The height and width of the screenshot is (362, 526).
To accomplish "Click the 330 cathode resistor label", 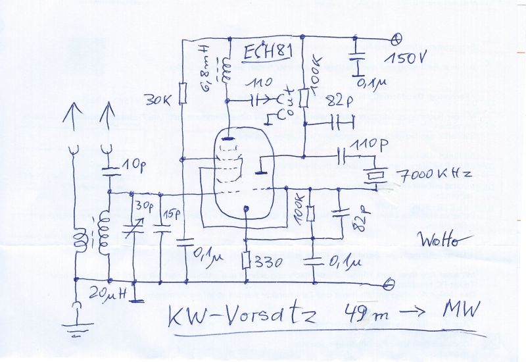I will (268, 262).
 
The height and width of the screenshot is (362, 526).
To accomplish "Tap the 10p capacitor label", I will (132, 163).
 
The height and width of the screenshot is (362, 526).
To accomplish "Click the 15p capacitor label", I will (172, 214).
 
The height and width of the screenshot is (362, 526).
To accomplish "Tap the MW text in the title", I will (460, 308).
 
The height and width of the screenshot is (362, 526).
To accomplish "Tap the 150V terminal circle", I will (396, 38).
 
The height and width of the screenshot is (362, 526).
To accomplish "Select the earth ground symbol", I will (78, 326).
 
